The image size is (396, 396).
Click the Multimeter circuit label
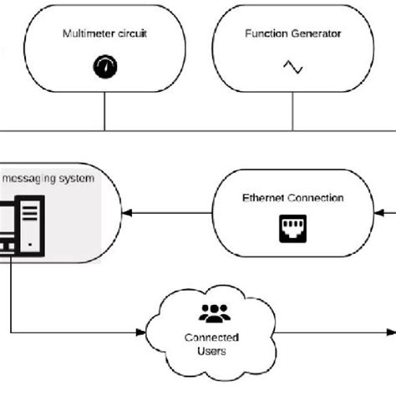coord(104,34)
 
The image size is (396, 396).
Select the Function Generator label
coord(292,34)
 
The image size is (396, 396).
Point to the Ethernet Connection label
coord(292,198)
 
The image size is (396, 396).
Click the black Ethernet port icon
coord(292,228)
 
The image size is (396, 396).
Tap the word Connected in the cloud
coord(212,338)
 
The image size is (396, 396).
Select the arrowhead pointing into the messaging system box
coord(127,215)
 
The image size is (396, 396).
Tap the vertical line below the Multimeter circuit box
coord(104,113)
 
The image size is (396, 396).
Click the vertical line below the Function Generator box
coord(292,113)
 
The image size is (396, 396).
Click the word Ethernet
coord(264,198)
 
